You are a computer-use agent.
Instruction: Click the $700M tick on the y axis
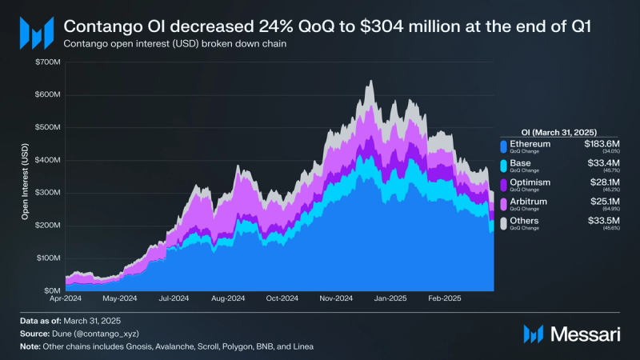click(x=47, y=62)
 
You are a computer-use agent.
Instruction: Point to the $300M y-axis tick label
click(x=47, y=193)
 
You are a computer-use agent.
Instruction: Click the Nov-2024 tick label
click(x=336, y=298)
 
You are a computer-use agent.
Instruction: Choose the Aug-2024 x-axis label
click(x=229, y=298)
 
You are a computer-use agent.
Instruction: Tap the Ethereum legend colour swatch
click(x=503, y=146)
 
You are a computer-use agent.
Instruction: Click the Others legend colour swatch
click(x=503, y=223)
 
